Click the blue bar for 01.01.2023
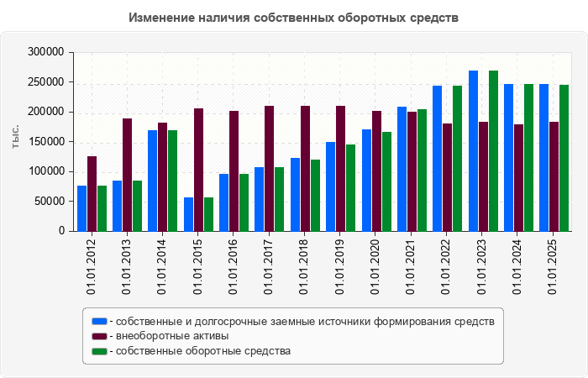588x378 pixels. click(x=474, y=150)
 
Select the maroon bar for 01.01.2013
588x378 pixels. click(x=127, y=175)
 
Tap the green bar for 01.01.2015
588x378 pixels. click(x=208, y=214)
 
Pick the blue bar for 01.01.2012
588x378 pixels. click(x=81, y=208)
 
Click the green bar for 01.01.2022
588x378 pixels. click(x=457, y=158)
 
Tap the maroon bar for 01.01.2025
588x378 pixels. click(x=554, y=176)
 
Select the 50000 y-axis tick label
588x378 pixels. click(x=48, y=202)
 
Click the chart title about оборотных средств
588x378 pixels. click(x=294, y=18)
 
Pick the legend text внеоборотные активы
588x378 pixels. click(x=172, y=336)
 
